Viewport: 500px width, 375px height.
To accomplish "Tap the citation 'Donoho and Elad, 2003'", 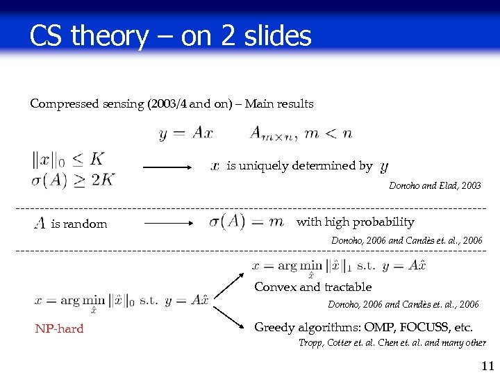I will coord(435,186).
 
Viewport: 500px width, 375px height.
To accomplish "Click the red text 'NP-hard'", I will coord(59,328).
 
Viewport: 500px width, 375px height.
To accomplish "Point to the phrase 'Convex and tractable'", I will coord(312,287).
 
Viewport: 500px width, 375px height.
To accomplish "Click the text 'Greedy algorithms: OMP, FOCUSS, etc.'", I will coord(363,327).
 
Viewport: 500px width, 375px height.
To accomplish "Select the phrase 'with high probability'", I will coord(355,222).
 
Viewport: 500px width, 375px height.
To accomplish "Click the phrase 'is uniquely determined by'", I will coord(299,166).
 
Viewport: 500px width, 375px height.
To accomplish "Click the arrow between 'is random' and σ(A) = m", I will coord(172,224).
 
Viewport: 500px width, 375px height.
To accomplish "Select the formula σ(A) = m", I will coord(247,222).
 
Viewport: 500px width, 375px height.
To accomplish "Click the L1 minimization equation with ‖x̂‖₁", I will coord(339,266).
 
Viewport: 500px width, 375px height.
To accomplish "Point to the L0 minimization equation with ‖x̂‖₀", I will coord(122,301).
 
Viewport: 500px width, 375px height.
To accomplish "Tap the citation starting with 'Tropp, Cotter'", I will coord(392,342).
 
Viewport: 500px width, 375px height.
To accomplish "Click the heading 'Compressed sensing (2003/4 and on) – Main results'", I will coord(172,104).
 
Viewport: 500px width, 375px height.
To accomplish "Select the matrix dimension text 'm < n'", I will coord(328,133).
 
